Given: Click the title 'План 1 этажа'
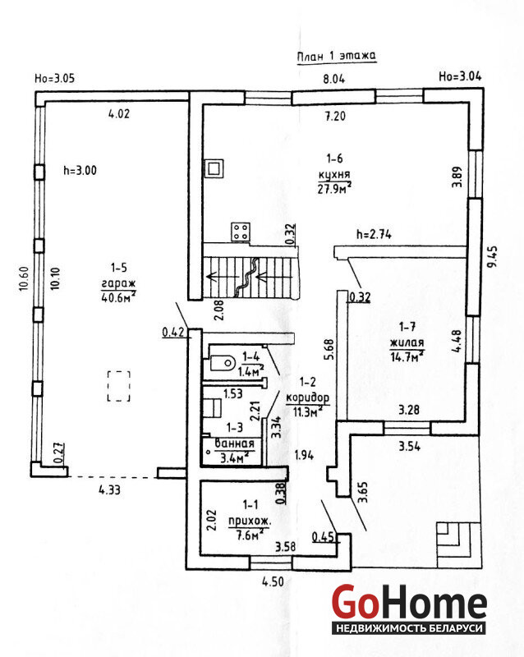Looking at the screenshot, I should click(335, 56).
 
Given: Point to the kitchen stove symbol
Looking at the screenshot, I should click(241, 232).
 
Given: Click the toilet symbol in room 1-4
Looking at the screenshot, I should click(222, 361).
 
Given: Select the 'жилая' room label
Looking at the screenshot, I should click(407, 343).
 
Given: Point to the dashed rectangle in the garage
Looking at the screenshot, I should click(119, 386).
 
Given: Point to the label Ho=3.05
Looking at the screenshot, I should click(55, 79).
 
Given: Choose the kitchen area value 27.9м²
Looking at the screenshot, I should click(335, 188).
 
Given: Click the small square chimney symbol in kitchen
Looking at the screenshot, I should click(214, 168).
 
